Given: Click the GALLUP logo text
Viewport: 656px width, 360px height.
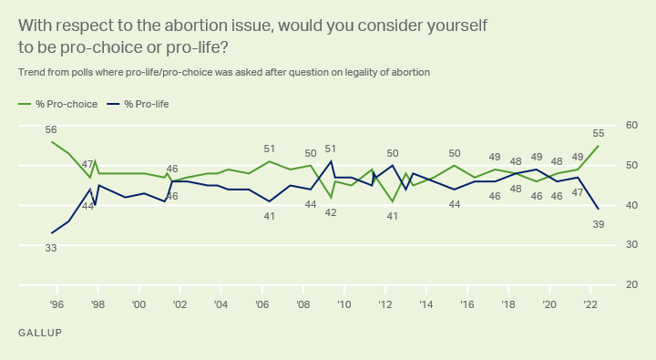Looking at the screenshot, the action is pyautogui.click(x=40, y=333).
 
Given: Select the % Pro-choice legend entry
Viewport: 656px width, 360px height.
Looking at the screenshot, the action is pyautogui.click(x=57, y=104).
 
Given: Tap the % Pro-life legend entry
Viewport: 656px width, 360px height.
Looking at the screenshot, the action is pyautogui.click(x=138, y=104).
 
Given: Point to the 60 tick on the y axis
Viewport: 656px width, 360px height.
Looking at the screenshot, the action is pyautogui.click(x=631, y=125).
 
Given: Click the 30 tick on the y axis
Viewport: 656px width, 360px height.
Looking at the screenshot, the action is pyautogui.click(x=631, y=244).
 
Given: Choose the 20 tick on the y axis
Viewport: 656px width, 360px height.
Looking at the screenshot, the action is pyautogui.click(x=631, y=284).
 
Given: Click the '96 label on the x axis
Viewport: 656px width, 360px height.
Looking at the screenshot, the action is pyautogui.click(x=56, y=304).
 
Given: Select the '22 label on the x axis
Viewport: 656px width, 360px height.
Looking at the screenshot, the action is pyautogui.click(x=589, y=304).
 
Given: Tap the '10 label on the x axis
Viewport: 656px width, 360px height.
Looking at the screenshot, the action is pyautogui.click(x=343, y=304).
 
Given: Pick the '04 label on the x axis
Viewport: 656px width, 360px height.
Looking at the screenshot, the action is pyautogui.click(x=220, y=304).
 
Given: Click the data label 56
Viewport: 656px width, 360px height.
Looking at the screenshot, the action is pyautogui.click(x=51, y=129).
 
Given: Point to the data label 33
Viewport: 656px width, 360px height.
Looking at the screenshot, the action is pyautogui.click(x=51, y=248).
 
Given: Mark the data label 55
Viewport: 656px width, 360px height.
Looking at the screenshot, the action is pyautogui.click(x=599, y=134).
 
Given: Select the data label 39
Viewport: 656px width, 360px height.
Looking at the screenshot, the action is pyautogui.click(x=599, y=224).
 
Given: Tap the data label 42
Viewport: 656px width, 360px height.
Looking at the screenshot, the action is pyautogui.click(x=331, y=212).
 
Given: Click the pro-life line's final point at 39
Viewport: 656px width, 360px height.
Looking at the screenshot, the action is pyautogui.click(x=599, y=209).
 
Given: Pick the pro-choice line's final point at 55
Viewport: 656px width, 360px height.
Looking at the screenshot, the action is pyautogui.click(x=599, y=146).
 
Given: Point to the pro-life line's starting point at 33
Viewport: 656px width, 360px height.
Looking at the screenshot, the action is pyautogui.click(x=52, y=232).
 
